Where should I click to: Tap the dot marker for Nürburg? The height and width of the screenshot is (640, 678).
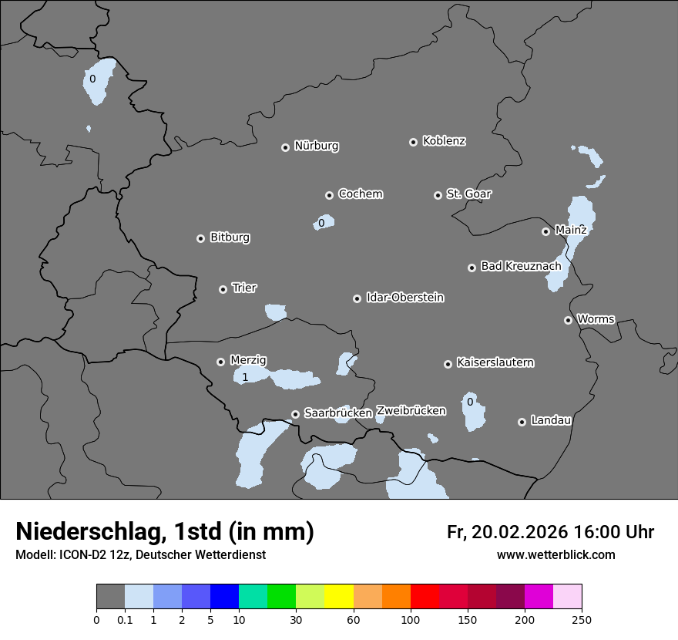point(285,147)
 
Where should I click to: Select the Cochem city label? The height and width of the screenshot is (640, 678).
point(360,194)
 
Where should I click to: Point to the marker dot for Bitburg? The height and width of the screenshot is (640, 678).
point(200,238)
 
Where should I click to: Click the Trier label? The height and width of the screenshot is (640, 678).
point(244,288)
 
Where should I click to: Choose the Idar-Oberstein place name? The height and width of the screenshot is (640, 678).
point(404,297)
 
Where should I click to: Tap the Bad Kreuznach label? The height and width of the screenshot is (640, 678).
point(521,266)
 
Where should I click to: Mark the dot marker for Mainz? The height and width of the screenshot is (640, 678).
point(545,231)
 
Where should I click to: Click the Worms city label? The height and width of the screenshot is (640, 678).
point(596,318)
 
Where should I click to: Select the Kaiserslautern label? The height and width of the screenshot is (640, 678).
point(495,362)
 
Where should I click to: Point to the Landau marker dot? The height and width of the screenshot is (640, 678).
point(522,422)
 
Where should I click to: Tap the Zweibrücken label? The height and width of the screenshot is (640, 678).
point(411,410)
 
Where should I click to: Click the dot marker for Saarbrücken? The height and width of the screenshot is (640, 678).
point(295,414)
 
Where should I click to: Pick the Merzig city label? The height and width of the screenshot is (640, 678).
point(248,360)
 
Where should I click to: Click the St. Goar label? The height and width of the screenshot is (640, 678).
point(468,194)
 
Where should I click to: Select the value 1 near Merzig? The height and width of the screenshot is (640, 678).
point(245,378)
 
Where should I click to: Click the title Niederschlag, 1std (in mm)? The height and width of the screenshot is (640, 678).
point(165,531)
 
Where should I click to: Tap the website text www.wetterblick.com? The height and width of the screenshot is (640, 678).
point(555,554)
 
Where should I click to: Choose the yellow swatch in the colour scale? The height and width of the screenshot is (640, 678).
point(339,597)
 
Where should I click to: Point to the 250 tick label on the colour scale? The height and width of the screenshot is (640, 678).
point(582,619)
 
